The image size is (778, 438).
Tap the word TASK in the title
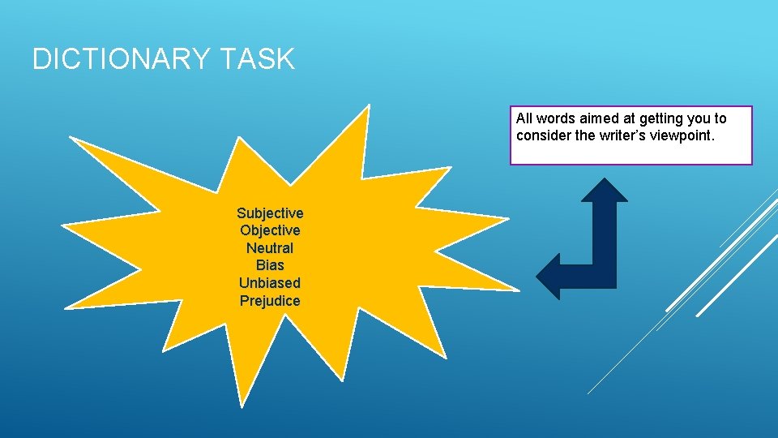pyautogui.click(x=259, y=59)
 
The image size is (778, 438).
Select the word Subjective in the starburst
pyautogui.click(x=270, y=213)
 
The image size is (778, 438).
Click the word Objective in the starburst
pyautogui.click(x=270, y=230)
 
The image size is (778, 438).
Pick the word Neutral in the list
pyautogui.click(x=270, y=248)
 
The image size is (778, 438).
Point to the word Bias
pyautogui.click(x=270, y=265)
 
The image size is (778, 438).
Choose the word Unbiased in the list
pyautogui.click(x=270, y=283)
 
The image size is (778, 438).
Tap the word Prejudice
pyautogui.click(x=270, y=301)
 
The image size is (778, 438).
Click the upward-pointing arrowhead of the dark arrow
pyautogui.click(x=605, y=191)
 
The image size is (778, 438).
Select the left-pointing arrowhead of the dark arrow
pyautogui.click(x=549, y=276)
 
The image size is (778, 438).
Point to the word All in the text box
pyautogui.click(x=524, y=118)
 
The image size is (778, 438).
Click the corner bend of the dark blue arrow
pyautogui.click(x=604, y=274)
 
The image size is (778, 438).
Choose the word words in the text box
pyautogui.click(x=556, y=118)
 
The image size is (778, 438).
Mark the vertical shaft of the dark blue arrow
pyautogui.click(x=605, y=231)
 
